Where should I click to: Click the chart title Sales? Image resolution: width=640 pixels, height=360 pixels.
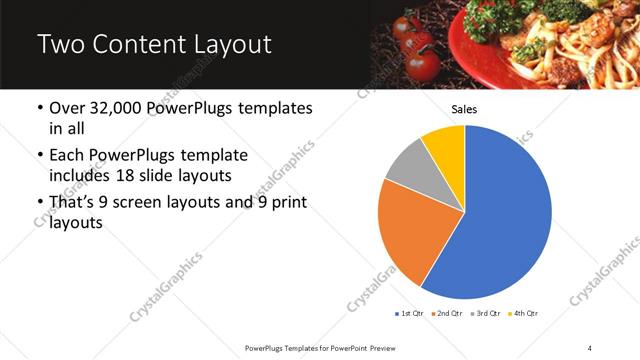(464, 109)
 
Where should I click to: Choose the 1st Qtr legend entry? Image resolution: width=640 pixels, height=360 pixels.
(410, 314)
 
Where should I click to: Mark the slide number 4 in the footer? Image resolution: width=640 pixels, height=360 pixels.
(590, 347)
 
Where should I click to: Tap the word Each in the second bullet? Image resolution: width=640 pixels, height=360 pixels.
(68, 157)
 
